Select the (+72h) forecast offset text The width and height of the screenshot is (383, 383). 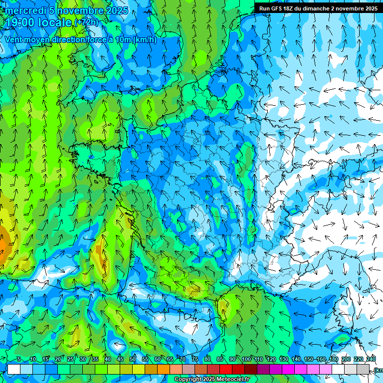pyautogui.click(x=87, y=22)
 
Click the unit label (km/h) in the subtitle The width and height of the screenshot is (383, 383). pyautogui.click(x=145, y=40)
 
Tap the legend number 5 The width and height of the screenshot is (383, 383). pyautogui.click(x=19, y=359)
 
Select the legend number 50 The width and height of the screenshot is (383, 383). pyautogui.click(x=133, y=359)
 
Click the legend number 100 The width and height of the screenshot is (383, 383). pyautogui.click(x=246, y=359)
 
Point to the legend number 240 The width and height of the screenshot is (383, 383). pyautogui.click(x=371, y=359)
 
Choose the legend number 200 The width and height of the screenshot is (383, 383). pyautogui.click(x=346, y=359)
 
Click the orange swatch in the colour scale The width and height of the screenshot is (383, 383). pyautogui.click(x=164, y=369)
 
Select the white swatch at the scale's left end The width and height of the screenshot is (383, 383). pyautogui.click(x=14, y=369)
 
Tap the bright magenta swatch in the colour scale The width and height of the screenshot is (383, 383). pyautogui.click(x=288, y=369)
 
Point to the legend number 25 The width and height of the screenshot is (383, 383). pyautogui.click(x=70, y=359)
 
